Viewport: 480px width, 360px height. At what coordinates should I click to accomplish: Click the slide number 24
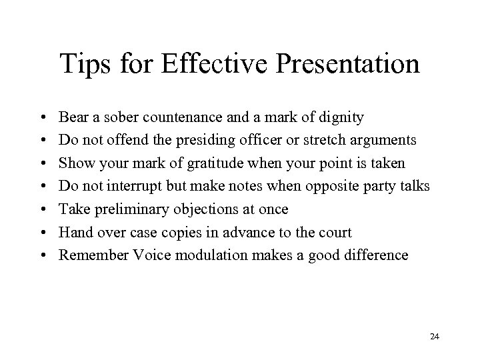click(435, 338)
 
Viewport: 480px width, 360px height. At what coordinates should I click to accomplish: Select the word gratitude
click(212, 163)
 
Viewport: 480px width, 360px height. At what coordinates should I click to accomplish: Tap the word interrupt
click(138, 186)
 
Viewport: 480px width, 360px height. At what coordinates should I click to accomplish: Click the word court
click(336, 232)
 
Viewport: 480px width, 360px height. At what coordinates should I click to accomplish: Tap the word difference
click(379, 255)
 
